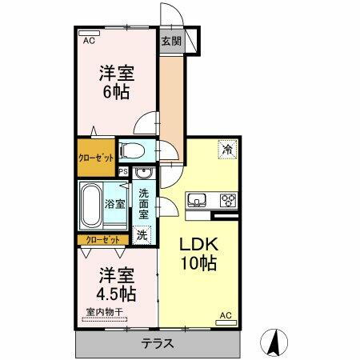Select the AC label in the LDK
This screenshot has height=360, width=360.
(226, 316)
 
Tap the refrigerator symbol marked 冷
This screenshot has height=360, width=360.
(227, 149)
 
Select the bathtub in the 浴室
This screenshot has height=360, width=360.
(91, 204)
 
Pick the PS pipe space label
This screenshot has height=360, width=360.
(123, 171)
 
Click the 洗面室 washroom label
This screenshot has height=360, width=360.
(143, 204)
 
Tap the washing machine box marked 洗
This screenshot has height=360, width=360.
(142, 235)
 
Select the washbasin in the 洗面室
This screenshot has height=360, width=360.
(143, 175)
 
